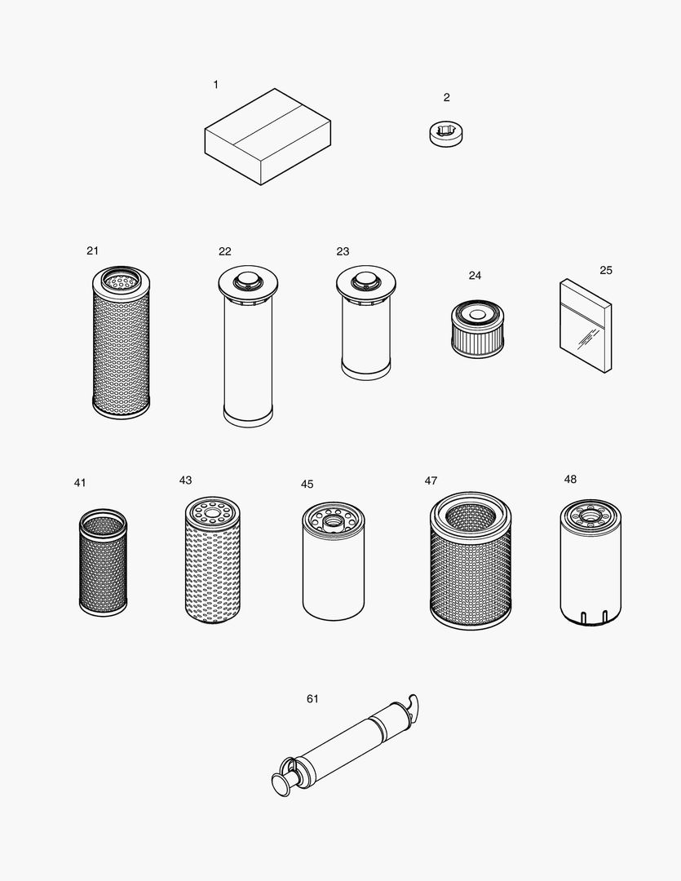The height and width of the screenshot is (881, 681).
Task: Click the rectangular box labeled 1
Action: click(x=267, y=137)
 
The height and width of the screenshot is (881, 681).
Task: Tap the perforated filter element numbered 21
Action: click(x=122, y=343)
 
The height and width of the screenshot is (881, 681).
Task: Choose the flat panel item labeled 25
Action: click(x=585, y=325)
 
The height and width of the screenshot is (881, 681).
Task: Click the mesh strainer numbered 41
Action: click(x=103, y=562)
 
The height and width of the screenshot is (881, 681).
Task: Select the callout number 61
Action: click(x=312, y=699)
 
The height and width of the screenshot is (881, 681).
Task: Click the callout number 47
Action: click(x=431, y=480)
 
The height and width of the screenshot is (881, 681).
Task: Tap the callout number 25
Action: click(x=606, y=270)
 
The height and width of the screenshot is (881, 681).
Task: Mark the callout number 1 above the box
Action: click(x=215, y=84)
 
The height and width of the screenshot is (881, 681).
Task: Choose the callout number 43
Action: click(x=186, y=480)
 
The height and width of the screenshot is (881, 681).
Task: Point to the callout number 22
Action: click(x=225, y=251)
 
